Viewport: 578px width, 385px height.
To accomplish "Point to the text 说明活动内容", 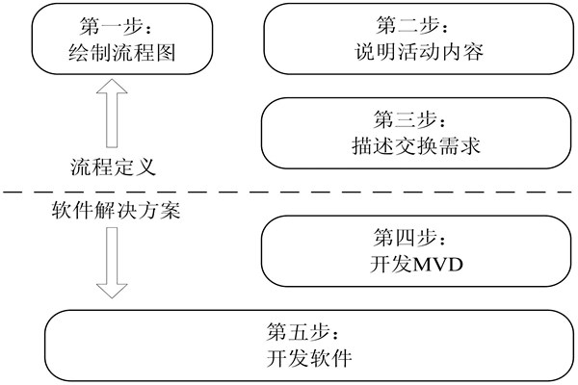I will [x=412, y=50].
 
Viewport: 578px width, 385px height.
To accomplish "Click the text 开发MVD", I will [x=412, y=262].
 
